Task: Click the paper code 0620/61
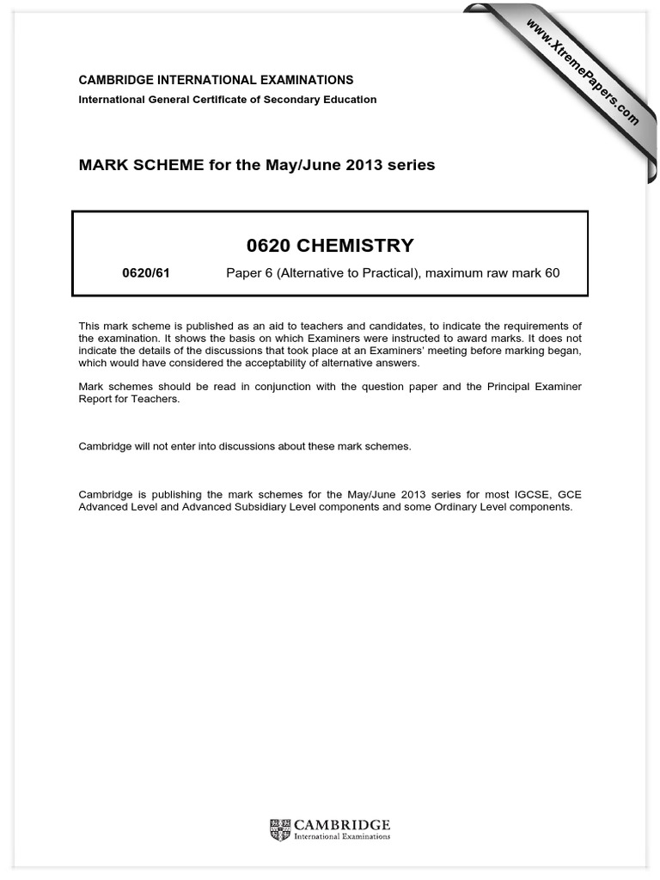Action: tap(146, 273)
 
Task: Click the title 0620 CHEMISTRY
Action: tap(330, 246)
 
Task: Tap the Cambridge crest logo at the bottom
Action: tap(280, 829)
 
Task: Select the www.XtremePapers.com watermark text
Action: tap(581, 71)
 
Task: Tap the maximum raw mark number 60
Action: tap(552, 273)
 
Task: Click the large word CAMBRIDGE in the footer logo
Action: tap(342, 824)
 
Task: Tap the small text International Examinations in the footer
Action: tap(342, 836)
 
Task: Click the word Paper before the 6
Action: tap(242, 273)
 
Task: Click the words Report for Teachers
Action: tap(130, 399)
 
